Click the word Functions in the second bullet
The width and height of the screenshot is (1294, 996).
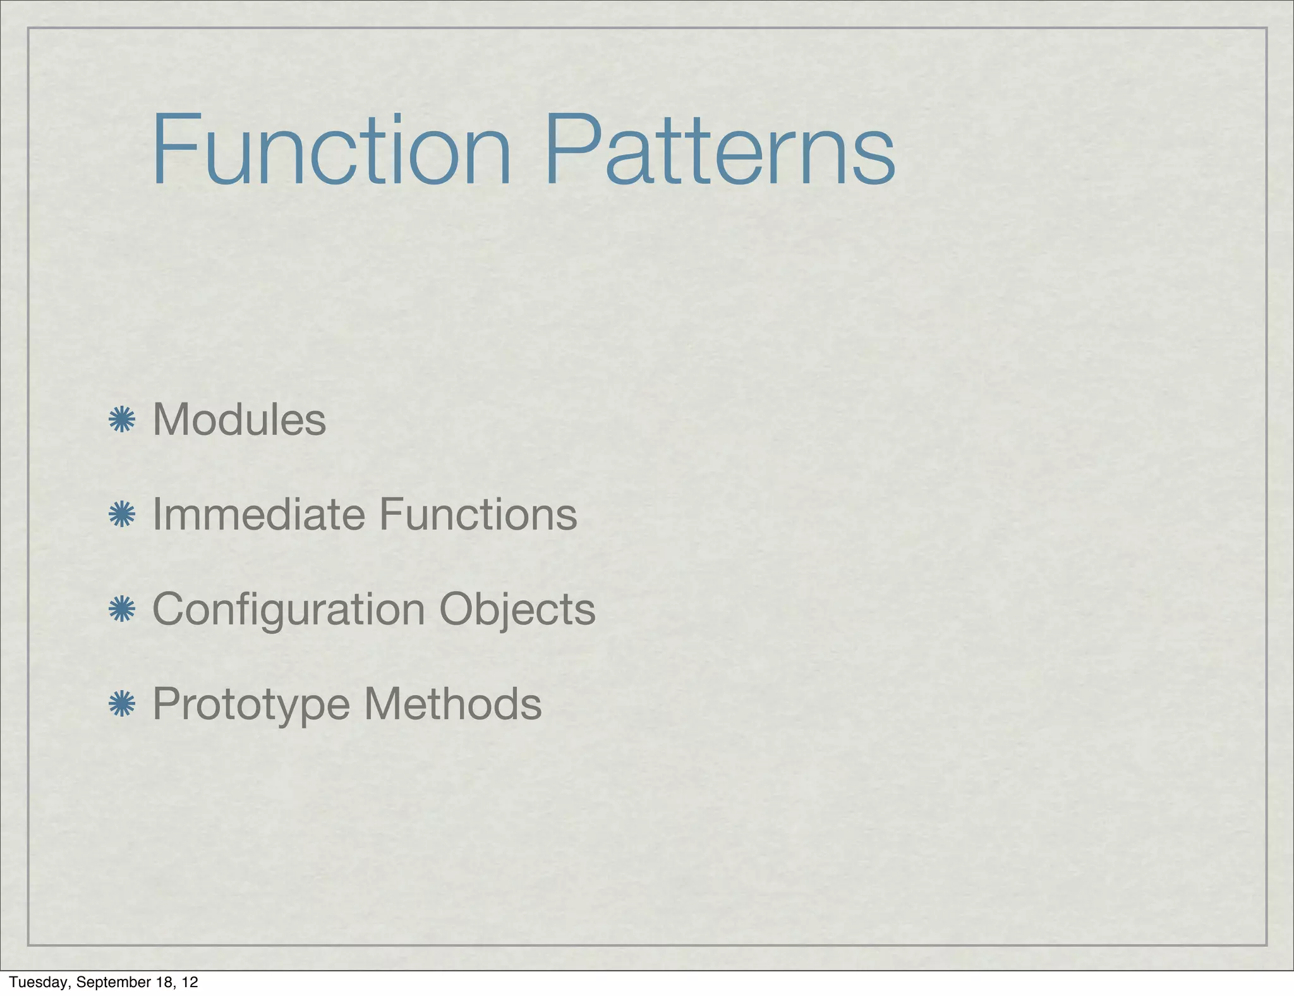[x=478, y=514]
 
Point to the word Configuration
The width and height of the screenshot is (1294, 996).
[x=289, y=609]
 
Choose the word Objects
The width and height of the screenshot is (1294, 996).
[x=517, y=609]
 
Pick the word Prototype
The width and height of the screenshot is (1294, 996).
[x=251, y=704]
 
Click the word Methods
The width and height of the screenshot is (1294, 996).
[x=453, y=704]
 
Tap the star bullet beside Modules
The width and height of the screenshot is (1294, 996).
[x=122, y=420]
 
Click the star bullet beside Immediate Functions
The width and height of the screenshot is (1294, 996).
[x=122, y=515]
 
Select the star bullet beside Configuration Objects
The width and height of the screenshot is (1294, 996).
[x=122, y=610]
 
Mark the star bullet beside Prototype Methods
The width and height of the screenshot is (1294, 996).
[x=122, y=705]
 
